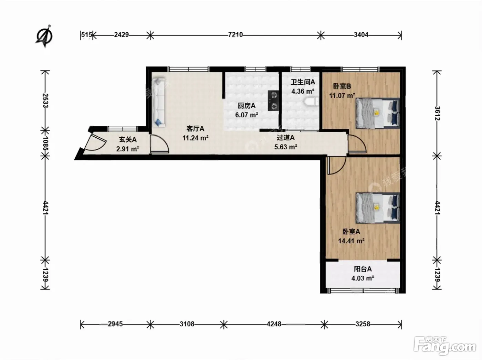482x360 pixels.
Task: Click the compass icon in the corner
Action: tap(45, 36)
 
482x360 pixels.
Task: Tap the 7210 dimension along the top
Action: tap(235, 35)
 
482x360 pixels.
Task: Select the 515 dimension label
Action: tap(86, 35)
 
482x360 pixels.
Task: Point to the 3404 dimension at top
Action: tap(361, 35)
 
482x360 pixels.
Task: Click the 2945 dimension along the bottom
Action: tap(115, 324)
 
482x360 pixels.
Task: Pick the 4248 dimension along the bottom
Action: tap(274, 324)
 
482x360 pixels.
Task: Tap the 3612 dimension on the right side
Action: tap(437, 113)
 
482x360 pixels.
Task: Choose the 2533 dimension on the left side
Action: tap(45, 100)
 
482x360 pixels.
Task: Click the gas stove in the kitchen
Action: tap(273, 100)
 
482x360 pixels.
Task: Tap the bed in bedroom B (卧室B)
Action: tap(377, 113)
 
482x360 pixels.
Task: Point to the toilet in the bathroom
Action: tap(311, 102)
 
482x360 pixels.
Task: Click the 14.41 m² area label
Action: tap(352, 241)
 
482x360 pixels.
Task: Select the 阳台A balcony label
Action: tap(363, 269)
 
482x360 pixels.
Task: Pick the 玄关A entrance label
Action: tap(128, 139)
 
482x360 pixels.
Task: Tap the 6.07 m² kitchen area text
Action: tap(247, 115)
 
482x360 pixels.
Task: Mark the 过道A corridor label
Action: tap(285, 138)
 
